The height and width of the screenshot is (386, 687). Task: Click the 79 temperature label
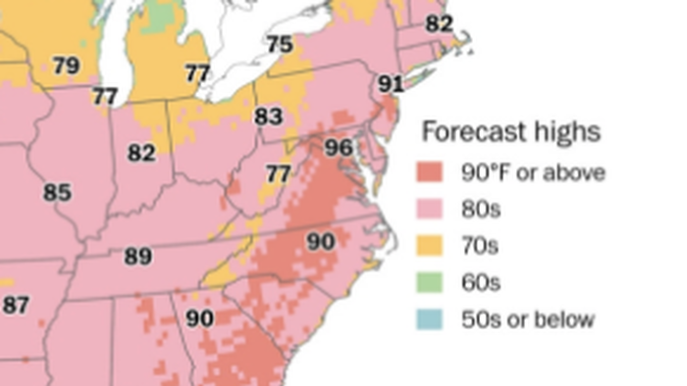(66, 67)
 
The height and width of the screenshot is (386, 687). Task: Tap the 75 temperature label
(280, 44)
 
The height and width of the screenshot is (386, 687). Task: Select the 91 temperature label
(391, 83)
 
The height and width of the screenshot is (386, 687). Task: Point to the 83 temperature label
(268, 117)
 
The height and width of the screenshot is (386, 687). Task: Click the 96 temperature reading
(338, 148)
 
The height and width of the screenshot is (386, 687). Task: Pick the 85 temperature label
(57, 192)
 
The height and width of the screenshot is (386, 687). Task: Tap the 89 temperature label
(137, 257)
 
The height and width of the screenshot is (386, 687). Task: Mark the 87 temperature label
(16, 306)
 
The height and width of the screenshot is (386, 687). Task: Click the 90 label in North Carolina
(321, 242)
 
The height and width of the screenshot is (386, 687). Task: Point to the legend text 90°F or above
(533, 173)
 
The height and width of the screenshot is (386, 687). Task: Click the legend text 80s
(481, 210)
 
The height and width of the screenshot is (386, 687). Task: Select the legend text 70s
(481, 246)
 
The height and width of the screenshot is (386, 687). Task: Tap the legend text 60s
(481, 283)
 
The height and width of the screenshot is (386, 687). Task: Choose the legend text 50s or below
(527, 319)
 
